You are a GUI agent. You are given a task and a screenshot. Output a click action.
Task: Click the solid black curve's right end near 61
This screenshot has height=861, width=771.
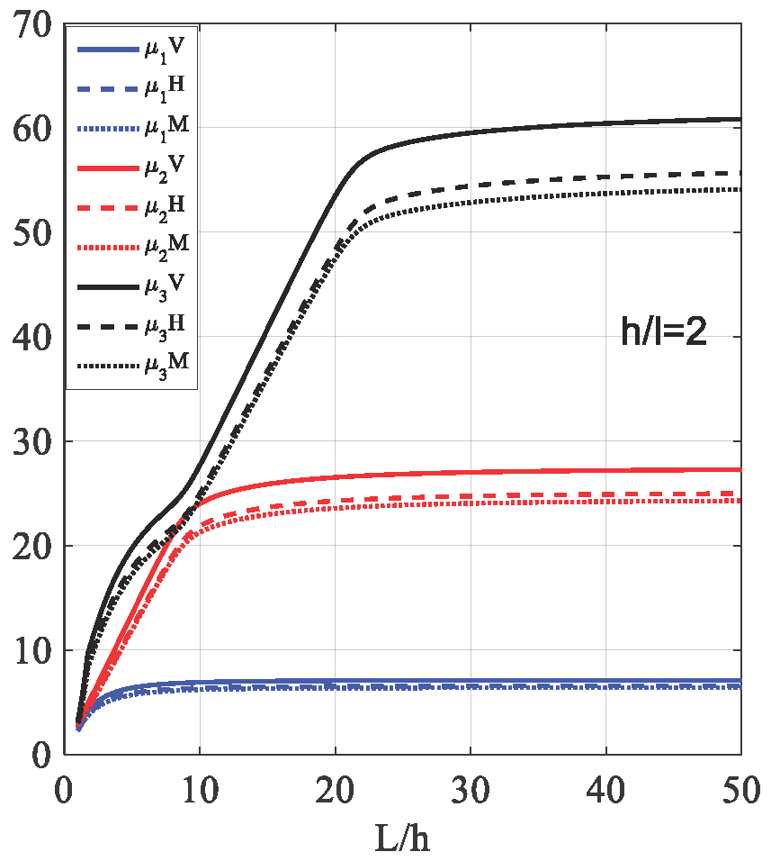pyautogui.click(x=740, y=119)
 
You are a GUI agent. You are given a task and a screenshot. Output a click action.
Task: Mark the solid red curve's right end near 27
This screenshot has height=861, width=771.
pyautogui.click(x=740, y=469)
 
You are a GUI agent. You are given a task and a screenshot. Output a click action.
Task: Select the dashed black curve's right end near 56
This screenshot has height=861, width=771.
pyautogui.click(x=740, y=172)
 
